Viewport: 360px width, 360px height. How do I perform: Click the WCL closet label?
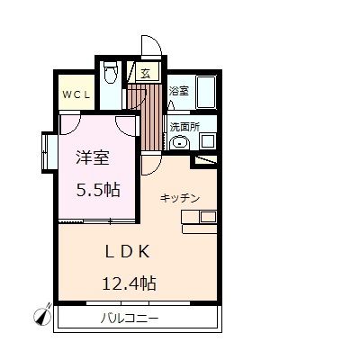tap(76, 95)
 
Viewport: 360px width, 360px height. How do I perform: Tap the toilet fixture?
tap(110, 73)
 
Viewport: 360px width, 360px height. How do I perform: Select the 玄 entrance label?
tap(146, 73)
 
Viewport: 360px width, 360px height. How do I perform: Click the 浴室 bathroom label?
tap(179, 91)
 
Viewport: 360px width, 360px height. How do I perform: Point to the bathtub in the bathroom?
tap(206, 92)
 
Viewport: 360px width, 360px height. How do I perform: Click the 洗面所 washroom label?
tap(184, 127)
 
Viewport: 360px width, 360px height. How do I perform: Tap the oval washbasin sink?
tap(179, 142)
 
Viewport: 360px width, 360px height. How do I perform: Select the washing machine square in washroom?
tap(207, 141)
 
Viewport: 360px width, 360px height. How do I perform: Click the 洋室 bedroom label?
tap(92, 158)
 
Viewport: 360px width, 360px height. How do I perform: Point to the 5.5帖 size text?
tap(98, 190)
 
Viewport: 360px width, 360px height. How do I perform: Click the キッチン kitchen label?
tap(180, 198)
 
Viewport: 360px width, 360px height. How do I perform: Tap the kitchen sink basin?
tap(208, 217)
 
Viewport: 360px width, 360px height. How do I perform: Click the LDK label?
tap(127, 251)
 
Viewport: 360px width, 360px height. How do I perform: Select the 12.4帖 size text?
tap(129, 283)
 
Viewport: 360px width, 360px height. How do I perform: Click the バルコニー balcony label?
tap(129, 318)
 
